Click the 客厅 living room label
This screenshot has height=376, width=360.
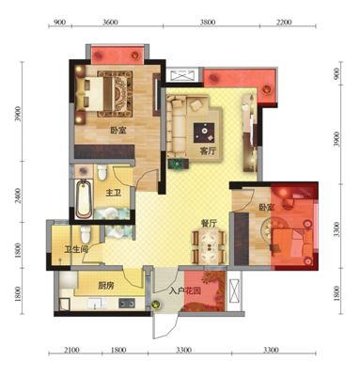click(x=208, y=151)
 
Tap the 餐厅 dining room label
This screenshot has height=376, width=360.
click(x=209, y=223)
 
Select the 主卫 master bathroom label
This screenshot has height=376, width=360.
click(x=113, y=193)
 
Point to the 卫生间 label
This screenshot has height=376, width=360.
click(x=76, y=249)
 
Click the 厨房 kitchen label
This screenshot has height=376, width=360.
click(x=106, y=286)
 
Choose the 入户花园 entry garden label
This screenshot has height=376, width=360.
click(x=185, y=291)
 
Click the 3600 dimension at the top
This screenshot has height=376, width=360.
click(x=110, y=23)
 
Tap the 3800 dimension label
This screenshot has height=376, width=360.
click(x=208, y=23)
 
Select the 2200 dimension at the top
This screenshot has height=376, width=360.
click(x=284, y=23)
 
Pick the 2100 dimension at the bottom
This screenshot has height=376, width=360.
click(x=72, y=350)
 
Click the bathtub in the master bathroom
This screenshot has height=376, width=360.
click(x=84, y=198)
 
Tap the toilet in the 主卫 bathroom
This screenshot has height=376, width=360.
click(x=102, y=173)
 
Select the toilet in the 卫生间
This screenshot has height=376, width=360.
click(x=86, y=235)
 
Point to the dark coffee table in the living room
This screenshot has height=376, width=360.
click(x=204, y=133)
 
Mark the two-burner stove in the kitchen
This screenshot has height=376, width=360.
click(x=127, y=303)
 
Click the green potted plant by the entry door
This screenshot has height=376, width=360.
click(x=156, y=305)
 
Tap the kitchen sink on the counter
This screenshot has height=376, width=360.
click(x=97, y=304)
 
